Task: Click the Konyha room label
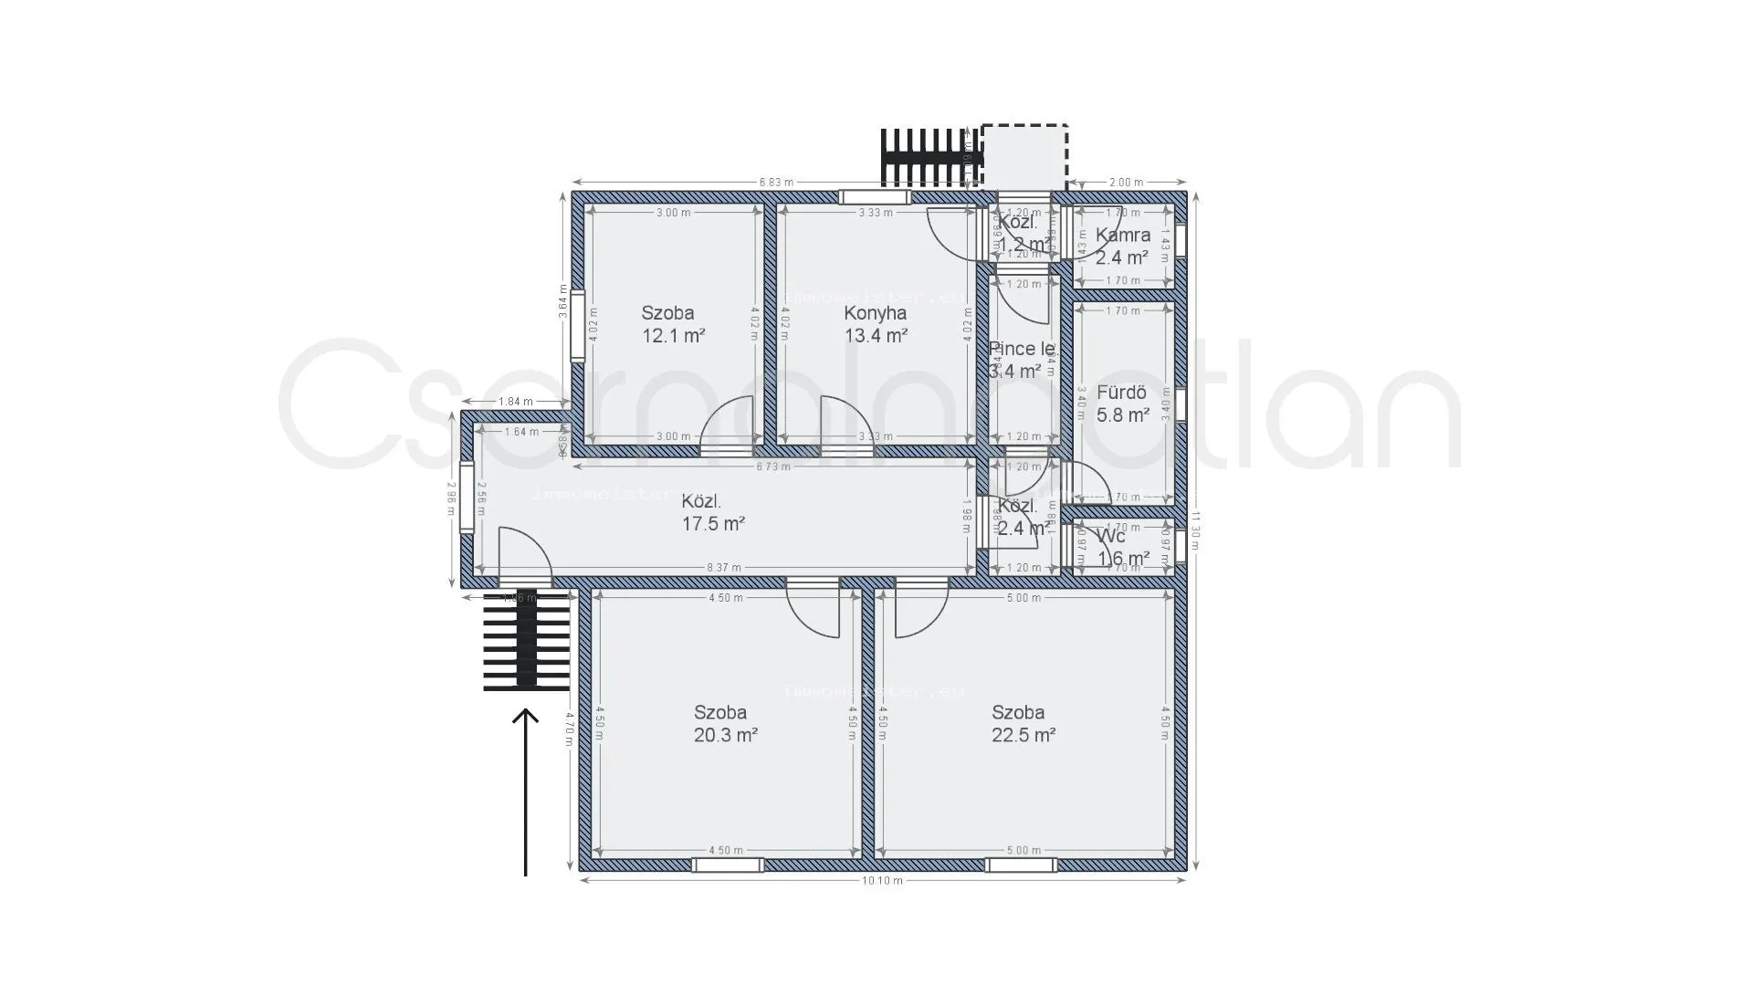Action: (875, 313)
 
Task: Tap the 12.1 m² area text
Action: (674, 335)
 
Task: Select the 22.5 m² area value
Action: (1023, 735)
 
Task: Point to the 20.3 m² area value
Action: (725, 735)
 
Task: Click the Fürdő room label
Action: (1121, 393)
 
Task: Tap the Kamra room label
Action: (1122, 235)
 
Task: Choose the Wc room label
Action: (1111, 537)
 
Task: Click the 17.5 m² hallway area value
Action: (713, 524)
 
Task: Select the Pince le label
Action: (1022, 349)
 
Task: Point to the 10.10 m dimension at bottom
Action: (882, 881)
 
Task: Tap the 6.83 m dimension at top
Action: (776, 182)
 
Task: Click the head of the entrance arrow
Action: (525, 715)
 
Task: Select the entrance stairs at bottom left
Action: (527, 639)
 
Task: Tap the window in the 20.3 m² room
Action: (727, 865)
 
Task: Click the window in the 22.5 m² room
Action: (1021, 865)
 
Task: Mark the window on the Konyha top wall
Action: (875, 197)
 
